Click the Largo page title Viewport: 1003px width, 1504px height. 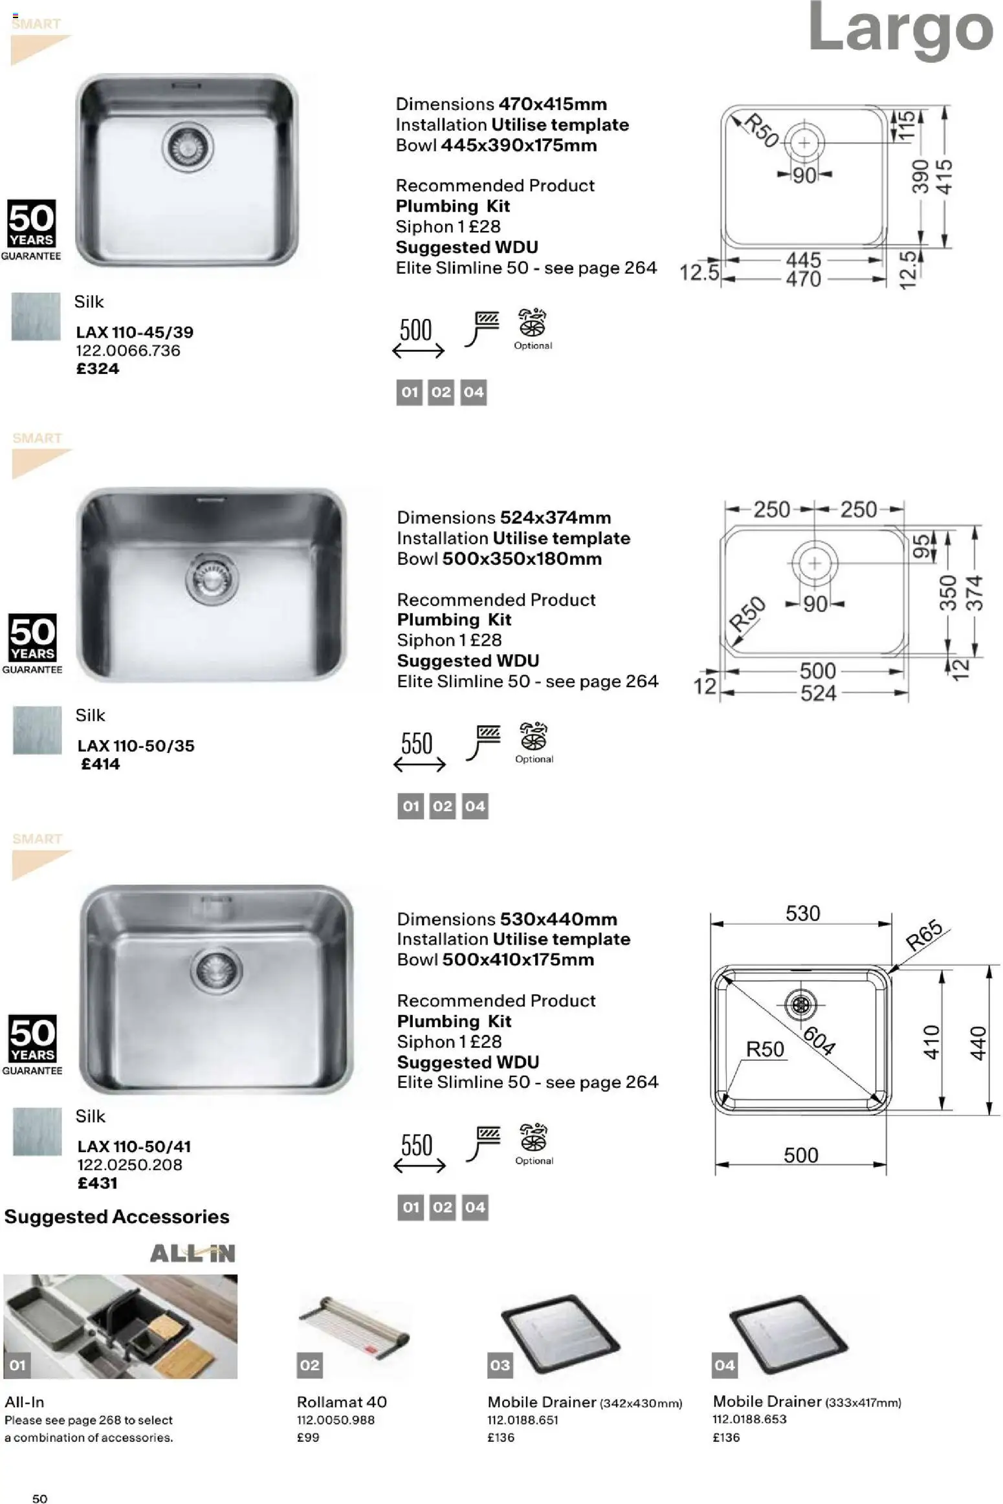pyautogui.click(x=900, y=29)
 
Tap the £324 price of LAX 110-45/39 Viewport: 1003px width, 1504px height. pyautogui.click(x=98, y=369)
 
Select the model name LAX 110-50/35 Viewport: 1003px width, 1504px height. pyautogui.click(x=135, y=746)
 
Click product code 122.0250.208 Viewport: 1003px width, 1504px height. pyautogui.click(x=129, y=1164)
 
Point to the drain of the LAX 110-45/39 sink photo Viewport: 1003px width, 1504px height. pyautogui.click(x=188, y=146)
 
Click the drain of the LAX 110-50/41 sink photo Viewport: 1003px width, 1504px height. pyautogui.click(x=216, y=970)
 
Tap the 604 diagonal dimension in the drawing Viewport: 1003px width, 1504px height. pyautogui.click(x=819, y=1040)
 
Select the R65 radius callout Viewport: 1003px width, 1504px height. pyautogui.click(x=923, y=935)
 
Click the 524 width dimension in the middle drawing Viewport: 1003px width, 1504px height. pyautogui.click(x=818, y=693)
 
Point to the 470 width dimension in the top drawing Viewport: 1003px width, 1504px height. pyautogui.click(x=803, y=279)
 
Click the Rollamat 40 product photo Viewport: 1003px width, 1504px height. pyautogui.click(x=353, y=1329)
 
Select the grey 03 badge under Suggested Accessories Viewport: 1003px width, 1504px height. pyautogui.click(x=500, y=1365)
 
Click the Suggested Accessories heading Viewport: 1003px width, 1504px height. pyautogui.click(x=116, y=1217)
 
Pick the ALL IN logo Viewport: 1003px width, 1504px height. pyautogui.click(x=192, y=1254)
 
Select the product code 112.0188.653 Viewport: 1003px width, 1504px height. pyautogui.click(x=749, y=1419)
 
